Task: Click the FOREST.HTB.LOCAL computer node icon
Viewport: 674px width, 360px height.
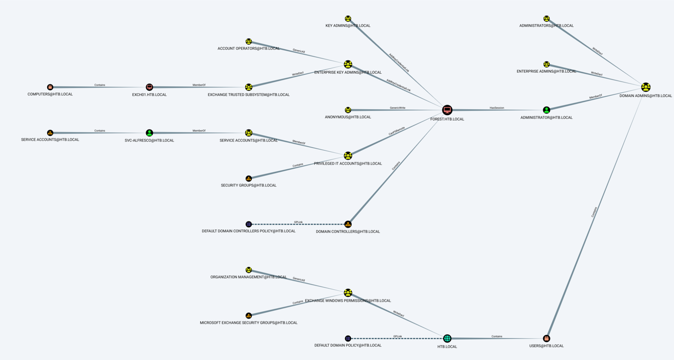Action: pos(447,110)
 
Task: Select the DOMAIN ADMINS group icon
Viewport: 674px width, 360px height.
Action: pos(646,87)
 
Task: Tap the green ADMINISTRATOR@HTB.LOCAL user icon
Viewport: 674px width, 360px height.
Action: pos(546,110)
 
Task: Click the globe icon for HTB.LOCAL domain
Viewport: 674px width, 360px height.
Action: pos(447,338)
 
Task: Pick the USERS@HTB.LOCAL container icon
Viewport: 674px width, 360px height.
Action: pos(546,338)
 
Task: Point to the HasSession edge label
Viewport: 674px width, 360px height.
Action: pos(497,108)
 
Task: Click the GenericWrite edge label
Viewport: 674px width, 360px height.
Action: pos(398,108)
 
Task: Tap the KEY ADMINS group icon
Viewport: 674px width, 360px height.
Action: pos(348,19)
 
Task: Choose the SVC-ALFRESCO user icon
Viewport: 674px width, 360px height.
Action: pos(149,133)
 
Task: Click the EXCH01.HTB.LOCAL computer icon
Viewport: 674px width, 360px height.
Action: pos(149,87)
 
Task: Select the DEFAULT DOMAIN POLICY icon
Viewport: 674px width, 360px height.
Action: pos(348,338)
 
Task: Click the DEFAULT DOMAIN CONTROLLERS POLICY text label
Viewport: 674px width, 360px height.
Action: pos(249,231)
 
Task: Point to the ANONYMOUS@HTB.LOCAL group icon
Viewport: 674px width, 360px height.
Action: pos(348,110)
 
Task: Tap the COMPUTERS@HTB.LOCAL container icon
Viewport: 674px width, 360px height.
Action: pos(50,87)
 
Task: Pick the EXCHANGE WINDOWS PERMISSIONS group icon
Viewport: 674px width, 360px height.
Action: pos(348,293)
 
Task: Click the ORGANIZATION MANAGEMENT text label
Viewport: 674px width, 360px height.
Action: pos(249,277)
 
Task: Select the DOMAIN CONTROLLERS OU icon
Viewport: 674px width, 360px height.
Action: pos(348,224)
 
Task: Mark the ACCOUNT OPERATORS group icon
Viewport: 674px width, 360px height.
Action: pos(249,42)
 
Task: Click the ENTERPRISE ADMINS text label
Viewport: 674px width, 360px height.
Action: pos(546,71)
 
